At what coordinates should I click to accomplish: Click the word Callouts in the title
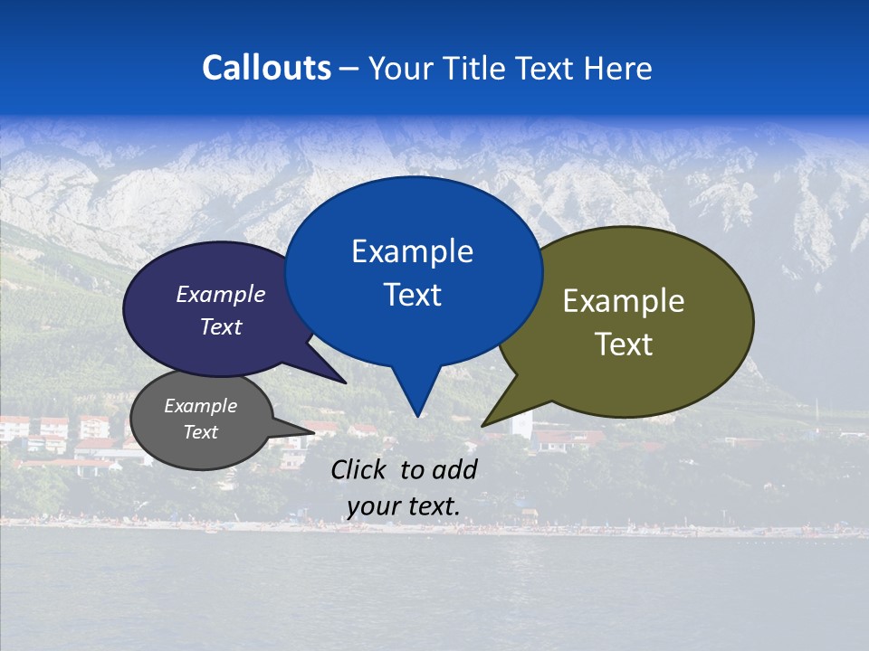tap(266, 68)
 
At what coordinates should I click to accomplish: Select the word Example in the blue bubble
tap(412, 251)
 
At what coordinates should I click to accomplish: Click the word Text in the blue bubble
tap(412, 295)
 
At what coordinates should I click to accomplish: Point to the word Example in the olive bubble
tap(624, 301)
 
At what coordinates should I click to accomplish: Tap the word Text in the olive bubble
tap(624, 344)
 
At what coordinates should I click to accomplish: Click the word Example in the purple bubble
tap(220, 294)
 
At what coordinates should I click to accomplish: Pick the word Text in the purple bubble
tap(220, 326)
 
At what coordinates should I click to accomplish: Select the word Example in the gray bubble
tap(200, 406)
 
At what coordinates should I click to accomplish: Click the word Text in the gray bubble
tap(200, 432)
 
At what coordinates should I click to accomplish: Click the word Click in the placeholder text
tap(360, 469)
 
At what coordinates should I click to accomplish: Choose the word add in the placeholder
tap(454, 469)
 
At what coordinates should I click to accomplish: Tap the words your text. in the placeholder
tap(403, 506)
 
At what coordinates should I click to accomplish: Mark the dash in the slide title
tap(349, 68)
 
